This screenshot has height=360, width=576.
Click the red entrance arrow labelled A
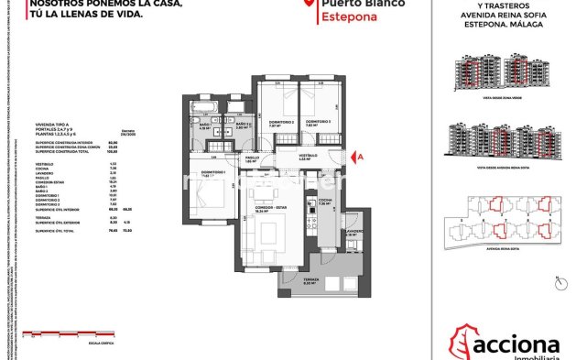tap(359, 157)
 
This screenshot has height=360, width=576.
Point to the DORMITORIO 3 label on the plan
tap(318, 122)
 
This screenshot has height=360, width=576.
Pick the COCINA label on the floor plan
tap(325, 201)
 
